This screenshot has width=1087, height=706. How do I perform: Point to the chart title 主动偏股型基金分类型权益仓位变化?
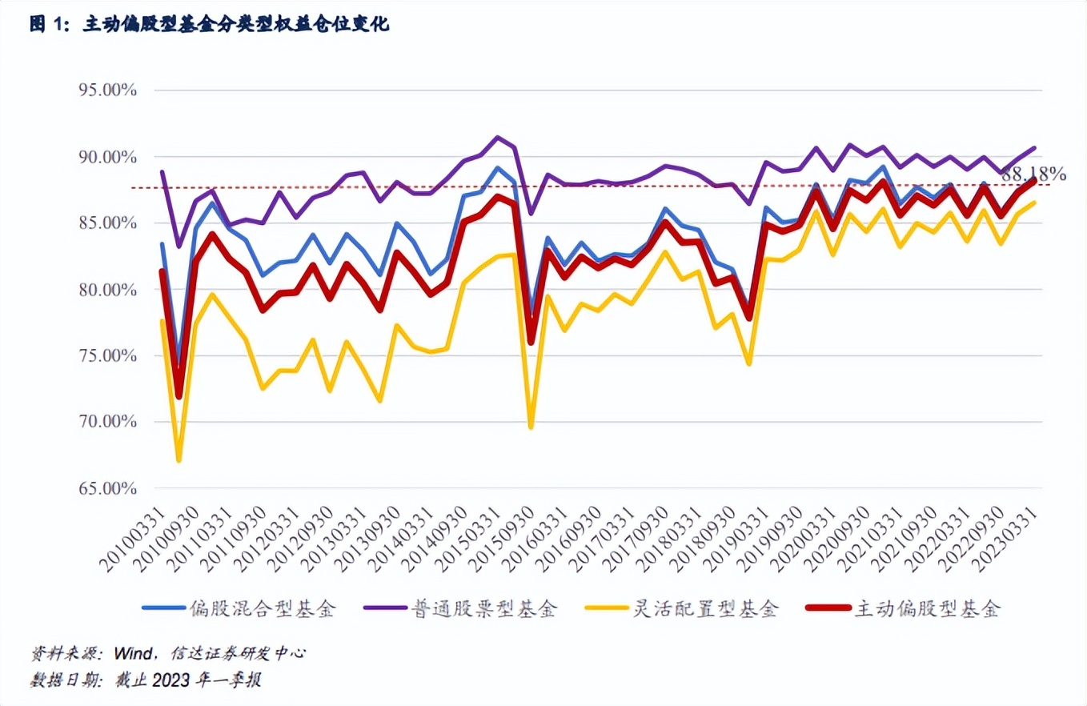click(236, 25)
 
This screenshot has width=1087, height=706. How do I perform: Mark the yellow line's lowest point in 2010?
click(178, 460)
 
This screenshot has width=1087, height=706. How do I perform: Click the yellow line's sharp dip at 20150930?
click(531, 427)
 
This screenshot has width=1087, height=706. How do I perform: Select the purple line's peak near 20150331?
click(497, 137)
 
